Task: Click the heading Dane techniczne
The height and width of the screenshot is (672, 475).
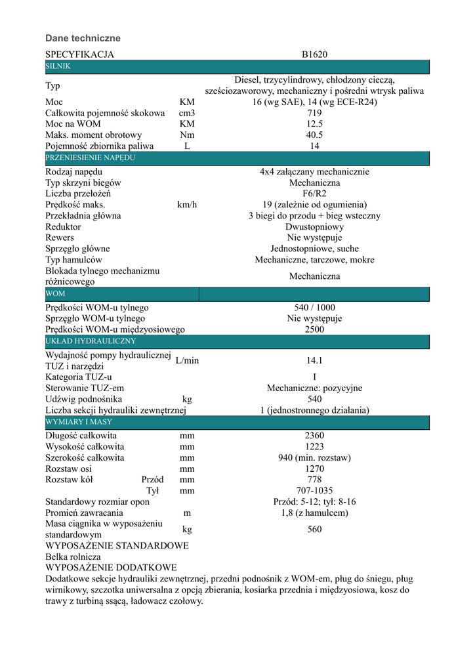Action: tap(83, 39)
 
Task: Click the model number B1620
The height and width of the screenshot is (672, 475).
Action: tap(314, 54)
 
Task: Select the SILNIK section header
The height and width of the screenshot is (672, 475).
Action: tap(58, 67)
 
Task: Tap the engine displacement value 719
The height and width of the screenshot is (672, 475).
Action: tap(314, 113)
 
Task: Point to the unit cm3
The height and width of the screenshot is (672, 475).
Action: tap(187, 113)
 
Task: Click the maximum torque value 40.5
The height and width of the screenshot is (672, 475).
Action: tap(314, 135)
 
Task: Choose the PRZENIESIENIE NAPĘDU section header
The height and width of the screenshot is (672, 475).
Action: tap(91, 158)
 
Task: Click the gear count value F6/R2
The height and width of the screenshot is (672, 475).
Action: tap(314, 194)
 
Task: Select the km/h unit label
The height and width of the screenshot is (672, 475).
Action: tap(187, 205)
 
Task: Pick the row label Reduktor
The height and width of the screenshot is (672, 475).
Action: tap(63, 226)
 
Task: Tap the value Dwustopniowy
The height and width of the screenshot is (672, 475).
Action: tap(314, 226)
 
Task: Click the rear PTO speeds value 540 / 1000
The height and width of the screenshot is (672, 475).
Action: tap(314, 307)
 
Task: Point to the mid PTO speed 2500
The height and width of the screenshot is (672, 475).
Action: tap(314, 329)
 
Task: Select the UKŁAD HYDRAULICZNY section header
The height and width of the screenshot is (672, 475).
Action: tap(91, 341)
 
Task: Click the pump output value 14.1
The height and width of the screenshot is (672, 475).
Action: tap(314, 360)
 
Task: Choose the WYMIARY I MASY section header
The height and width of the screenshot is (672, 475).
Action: tap(79, 422)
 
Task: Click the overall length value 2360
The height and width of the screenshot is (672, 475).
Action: tap(314, 435)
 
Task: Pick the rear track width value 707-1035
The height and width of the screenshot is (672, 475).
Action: tap(314, 490)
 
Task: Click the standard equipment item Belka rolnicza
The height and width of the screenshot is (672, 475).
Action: tap(73, 556)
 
